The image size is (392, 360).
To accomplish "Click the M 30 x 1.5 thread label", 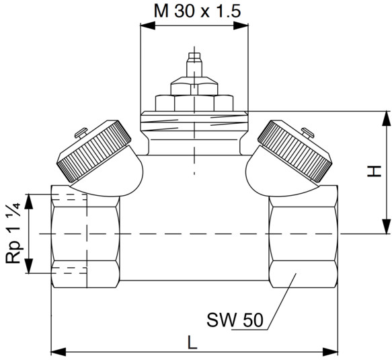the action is [x=197, y=11].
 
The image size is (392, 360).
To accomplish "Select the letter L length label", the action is [x=192, y=343].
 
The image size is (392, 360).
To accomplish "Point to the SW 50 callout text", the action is [x=235, y=320].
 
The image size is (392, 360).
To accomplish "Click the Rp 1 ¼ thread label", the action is [x=13, y=233].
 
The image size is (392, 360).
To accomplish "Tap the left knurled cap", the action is [x=95, y=151].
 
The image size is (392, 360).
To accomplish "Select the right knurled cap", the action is [x=295, y=151].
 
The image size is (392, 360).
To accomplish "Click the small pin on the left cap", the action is [x=81, y=133].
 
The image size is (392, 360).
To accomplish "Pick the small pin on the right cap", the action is [x=308, y=133].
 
